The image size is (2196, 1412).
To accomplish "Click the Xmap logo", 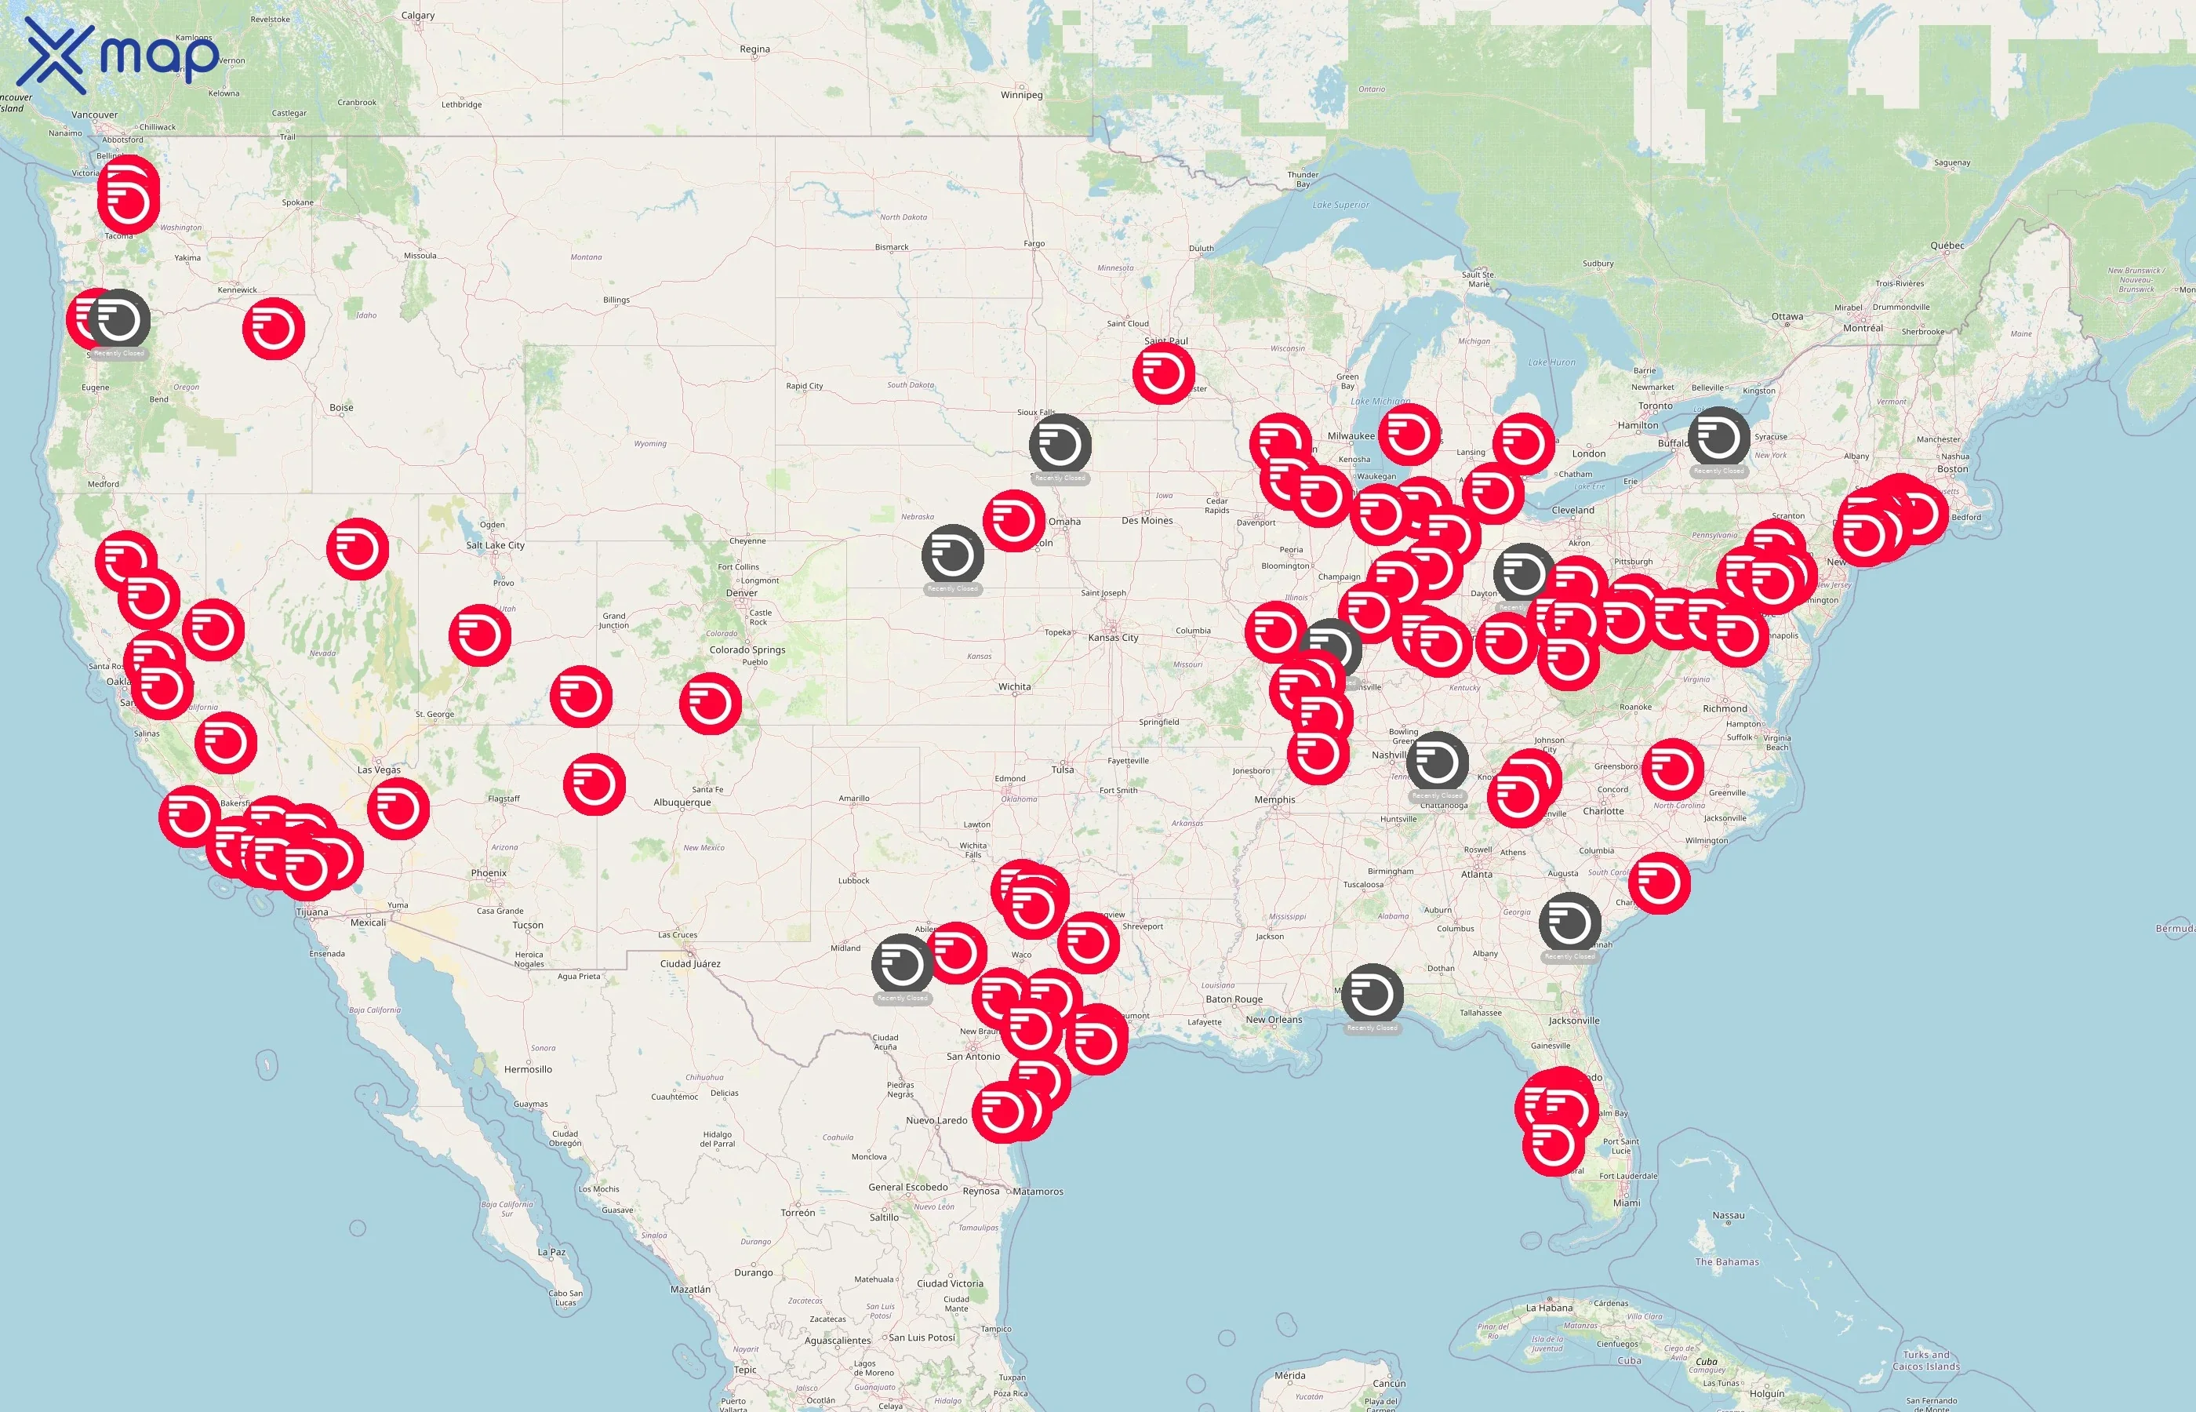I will pyautogui.click(x=119, y=55).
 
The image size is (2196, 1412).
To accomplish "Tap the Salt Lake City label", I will pyautogui.click(x=495, y=545).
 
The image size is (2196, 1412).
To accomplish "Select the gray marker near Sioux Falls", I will pyautogui.click(x=1060, y=445).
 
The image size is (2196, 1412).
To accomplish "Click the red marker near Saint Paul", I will pyautogui.click(x=1163, y=373).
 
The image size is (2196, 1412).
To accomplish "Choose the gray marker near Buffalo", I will pyautogui.click(x=1718, y=438).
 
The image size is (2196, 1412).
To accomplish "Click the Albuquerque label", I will pyautogui.click(x=682, y=803).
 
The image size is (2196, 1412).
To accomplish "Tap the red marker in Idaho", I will pyautogui.click(x=273, y=328).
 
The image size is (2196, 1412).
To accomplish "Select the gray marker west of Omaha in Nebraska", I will pyautogui.click(x=952, y=555).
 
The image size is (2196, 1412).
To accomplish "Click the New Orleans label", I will pyautogui.click(x=1273, y=1020).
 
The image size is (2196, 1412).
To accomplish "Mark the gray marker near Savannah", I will pyautogui.click(x=1569, y=923).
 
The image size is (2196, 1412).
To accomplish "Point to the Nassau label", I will pyautogui.click(x=1728, y=1216).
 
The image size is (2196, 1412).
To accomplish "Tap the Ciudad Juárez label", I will pyautogui.click(x=690, y=963).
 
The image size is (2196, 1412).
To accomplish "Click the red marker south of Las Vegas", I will pyautogui.click(x=398, y=809).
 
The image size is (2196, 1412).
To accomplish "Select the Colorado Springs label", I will pyautogui.click(x=747, y=650).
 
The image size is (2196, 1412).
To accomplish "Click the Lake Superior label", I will pyautogui.click(x=1340, y=206).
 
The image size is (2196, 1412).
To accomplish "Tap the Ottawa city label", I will pyautogui.click(x=1787, y=317).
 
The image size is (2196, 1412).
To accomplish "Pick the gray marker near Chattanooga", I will pyautogui.click(x=1437, y=762).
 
